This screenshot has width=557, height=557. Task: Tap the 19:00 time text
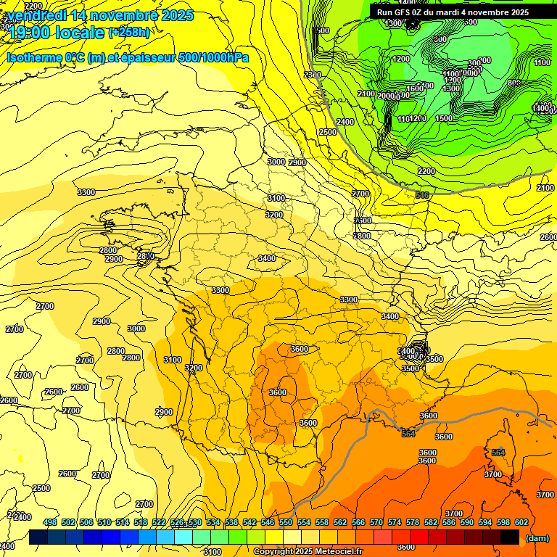click(28, 33)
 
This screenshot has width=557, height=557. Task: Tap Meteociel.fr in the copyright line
click(336, 552)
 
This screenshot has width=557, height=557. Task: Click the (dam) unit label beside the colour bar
click(537, 537)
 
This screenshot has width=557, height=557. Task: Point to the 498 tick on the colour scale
click(50, 522)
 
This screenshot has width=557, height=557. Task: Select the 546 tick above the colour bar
click(268, 522)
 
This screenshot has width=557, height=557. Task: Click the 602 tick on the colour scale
click(521, 522)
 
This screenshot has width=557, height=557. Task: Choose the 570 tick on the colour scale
click(376, 522)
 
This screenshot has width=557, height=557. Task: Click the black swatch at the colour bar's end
click(510, 537)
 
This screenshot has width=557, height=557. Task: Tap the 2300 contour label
click(313, 75)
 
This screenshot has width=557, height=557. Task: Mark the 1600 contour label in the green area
click(414, 88)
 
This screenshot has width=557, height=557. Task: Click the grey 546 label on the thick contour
click(422, 195)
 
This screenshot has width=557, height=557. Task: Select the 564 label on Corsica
click(498, 453)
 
